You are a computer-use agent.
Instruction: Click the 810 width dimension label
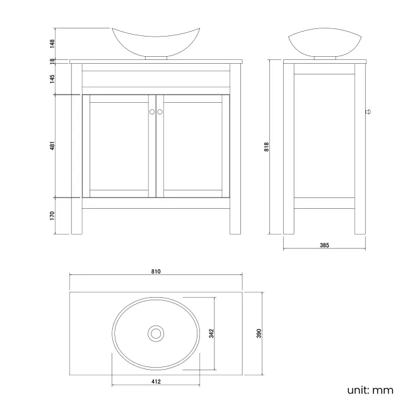point(156,272)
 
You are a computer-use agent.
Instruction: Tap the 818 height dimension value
point(267,146)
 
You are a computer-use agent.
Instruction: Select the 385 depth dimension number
point(324,245)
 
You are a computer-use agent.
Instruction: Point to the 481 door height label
point(53,146)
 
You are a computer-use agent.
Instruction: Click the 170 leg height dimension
point(53,215)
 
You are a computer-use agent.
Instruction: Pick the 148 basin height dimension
point(53,44)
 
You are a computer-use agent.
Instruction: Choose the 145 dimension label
point(53,78)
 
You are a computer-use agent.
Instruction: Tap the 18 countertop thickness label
point(53,61)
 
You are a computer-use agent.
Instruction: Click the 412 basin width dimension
point(156,382)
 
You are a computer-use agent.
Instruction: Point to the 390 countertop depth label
point(259,332)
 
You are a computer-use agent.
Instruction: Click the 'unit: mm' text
point(370,390)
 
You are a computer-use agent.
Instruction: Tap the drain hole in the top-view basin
point(155,332)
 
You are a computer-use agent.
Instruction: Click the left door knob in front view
point(151,112)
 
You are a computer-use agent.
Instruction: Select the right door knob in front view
point(160,112)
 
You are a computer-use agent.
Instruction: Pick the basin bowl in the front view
point(156,41)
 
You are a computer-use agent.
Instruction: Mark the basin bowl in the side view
point(324,44)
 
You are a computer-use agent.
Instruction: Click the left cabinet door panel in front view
point(119,145)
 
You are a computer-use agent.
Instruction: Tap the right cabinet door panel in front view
point(192,145)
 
